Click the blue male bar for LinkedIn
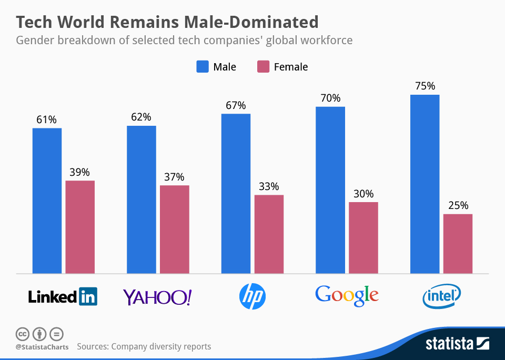[x=47, y=201]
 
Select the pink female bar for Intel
[x=458, y=244]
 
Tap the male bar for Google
[x=330, y=190]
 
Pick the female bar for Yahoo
[x=175, y=229]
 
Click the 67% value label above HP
[x=236, y=105]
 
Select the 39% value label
[x=80, y=172]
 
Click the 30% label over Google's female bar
[x=363, y=194]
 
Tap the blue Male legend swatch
[x=203, y=67]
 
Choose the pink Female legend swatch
[x=263, y=67]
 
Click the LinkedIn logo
[x=63, y=297]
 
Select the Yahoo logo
[x=157, y=297]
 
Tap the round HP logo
[x=252, y=296]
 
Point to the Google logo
[x=347, y=295]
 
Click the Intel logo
[x=442, y=296]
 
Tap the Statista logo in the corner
[x=457, y=344]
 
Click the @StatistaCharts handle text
[x=42, y=347]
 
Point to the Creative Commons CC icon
[x=22, y=334]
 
